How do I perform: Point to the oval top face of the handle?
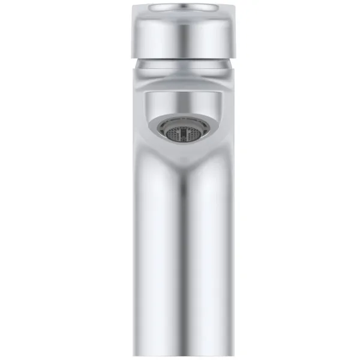(x=181, y=7)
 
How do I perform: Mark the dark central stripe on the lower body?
(x=181, y=270)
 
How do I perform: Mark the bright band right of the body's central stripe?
(x=207, y=270)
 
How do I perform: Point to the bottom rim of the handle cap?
(x=181, y=55)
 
